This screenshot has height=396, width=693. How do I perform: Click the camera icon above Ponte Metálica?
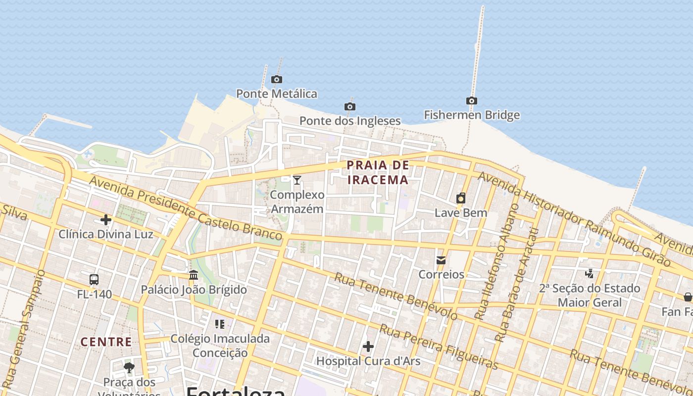click(277, 79)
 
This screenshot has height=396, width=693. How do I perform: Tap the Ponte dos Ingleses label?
click(350, 121)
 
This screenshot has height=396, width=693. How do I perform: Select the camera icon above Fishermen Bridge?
click(472, 101)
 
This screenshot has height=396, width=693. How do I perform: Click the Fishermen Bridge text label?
click(472, 115)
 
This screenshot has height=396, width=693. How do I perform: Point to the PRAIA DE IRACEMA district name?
click(378, 172)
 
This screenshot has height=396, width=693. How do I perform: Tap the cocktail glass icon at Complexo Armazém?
click(297, 180)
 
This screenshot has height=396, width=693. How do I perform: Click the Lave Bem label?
click(461, 213)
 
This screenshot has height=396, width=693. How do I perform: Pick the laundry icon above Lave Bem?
click(461, 198)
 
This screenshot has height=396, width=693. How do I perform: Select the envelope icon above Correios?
click(441, 260)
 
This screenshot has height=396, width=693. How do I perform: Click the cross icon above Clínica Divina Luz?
click(106, 220)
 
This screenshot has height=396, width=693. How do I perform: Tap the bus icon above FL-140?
click(94, 280)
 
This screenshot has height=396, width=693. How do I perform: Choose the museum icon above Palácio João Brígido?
click(194, 275)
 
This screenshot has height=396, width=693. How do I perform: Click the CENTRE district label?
click(106, 342)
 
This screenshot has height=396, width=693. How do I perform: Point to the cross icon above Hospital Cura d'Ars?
click(368, 346)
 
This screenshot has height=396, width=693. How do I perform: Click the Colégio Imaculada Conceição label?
click(220, 346)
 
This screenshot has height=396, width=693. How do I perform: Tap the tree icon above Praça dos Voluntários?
click(129, 367)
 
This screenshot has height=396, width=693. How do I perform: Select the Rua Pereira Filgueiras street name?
click(439, 347)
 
